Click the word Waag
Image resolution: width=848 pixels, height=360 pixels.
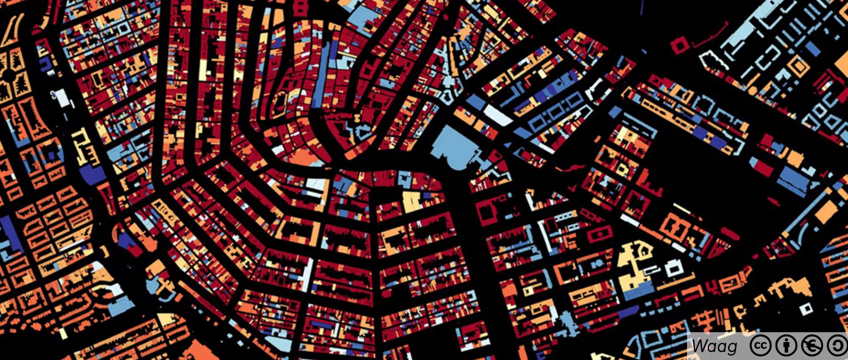(x=714, y=346)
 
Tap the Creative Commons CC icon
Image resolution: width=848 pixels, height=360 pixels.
(x=760, y=346)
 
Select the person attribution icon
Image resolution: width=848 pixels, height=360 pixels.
(x=786, y=346)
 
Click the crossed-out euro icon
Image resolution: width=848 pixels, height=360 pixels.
(x=812, y=346)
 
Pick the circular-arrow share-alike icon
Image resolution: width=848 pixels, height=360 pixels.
(x=837, y=346)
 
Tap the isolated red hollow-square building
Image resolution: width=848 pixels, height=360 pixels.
(x=680, y=45)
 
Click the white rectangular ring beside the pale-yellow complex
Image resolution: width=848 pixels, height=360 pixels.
(x=674, y=268)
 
